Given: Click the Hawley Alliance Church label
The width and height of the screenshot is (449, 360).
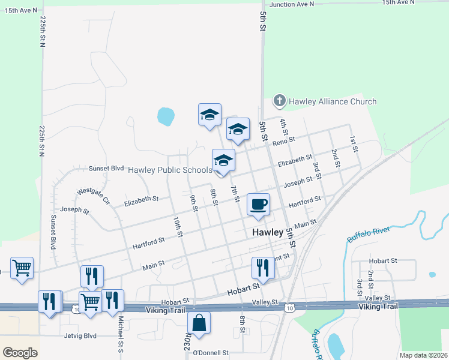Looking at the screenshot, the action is tap(333, 101).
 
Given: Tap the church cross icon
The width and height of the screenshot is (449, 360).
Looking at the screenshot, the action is tap(279, 101).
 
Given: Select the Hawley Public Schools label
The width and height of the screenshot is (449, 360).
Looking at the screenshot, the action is tap(170, 170).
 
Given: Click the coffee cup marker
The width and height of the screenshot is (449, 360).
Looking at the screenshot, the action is tap(258, 205).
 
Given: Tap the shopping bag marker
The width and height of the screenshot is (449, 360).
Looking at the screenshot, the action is tap(199, 323).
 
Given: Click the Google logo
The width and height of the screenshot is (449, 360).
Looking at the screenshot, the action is tap(20, 353).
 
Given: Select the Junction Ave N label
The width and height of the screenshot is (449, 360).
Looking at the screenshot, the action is tap(292, 4).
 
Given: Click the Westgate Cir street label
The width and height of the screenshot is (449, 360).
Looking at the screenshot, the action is tap(94, 195).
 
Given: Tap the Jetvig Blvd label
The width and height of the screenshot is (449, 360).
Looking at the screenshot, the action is tap(79, 336).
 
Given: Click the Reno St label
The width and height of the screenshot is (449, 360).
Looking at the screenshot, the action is tap(284, 142).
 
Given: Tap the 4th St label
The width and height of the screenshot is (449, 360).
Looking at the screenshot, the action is tap(285, 127).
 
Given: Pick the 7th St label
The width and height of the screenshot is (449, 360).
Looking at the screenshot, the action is tap(235, 194).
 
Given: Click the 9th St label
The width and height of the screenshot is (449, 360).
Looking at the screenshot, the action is tap(193, 203).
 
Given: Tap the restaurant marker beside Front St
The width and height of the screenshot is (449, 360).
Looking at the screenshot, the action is tap(262, 268).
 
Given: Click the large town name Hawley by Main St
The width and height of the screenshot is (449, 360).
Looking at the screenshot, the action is tap(267, 232).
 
